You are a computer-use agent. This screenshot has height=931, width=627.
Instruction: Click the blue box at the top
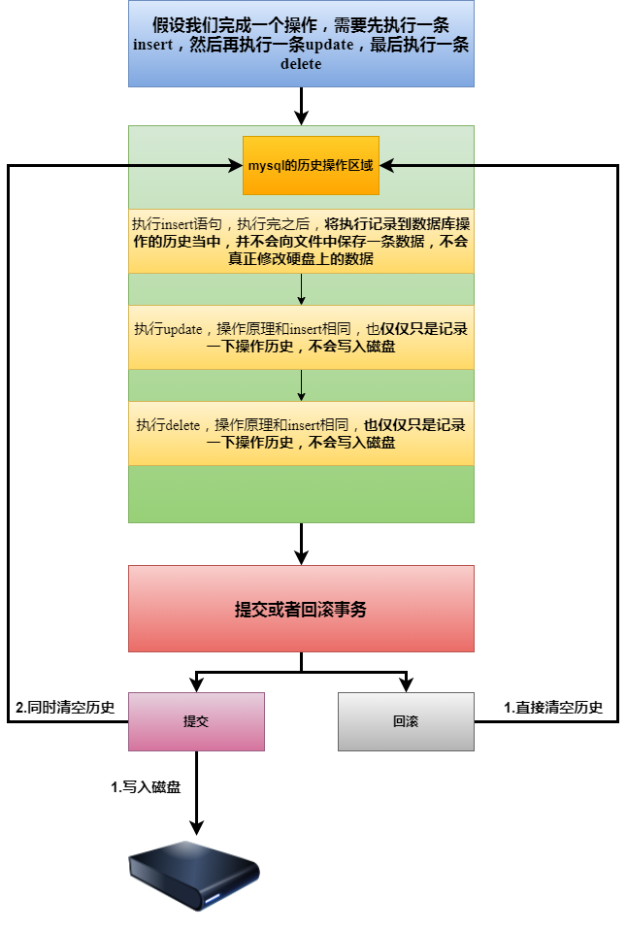pos(301,44)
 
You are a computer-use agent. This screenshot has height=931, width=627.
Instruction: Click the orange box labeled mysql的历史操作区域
pos(311,165)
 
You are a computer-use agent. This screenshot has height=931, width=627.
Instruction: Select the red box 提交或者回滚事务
pos(301,609)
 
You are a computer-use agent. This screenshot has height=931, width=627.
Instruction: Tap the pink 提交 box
pos(196,721)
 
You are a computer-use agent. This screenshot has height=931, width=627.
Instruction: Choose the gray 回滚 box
pos(406,721)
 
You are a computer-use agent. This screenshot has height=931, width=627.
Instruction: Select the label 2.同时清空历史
pos(66,707)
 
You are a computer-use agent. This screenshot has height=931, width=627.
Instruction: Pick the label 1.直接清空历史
pos(553,707)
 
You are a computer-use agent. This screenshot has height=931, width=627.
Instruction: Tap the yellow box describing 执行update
pos(301,337)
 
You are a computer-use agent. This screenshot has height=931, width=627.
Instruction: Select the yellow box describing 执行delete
pos(301,433)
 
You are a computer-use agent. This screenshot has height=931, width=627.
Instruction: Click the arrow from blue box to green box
pos(301,106)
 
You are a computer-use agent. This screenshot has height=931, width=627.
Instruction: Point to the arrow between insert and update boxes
pos(302,289)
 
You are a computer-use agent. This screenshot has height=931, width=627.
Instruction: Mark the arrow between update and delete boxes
pos(302,385)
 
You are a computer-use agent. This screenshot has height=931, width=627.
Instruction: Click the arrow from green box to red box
pos(301,544)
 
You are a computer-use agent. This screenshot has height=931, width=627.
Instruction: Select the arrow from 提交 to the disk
pos(196,791)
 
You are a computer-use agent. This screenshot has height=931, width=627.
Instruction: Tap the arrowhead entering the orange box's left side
pos(236,165)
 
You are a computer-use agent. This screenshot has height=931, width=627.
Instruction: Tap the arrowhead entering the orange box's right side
pos(386,165)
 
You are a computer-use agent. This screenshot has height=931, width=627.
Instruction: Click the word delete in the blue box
pos(301,64)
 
